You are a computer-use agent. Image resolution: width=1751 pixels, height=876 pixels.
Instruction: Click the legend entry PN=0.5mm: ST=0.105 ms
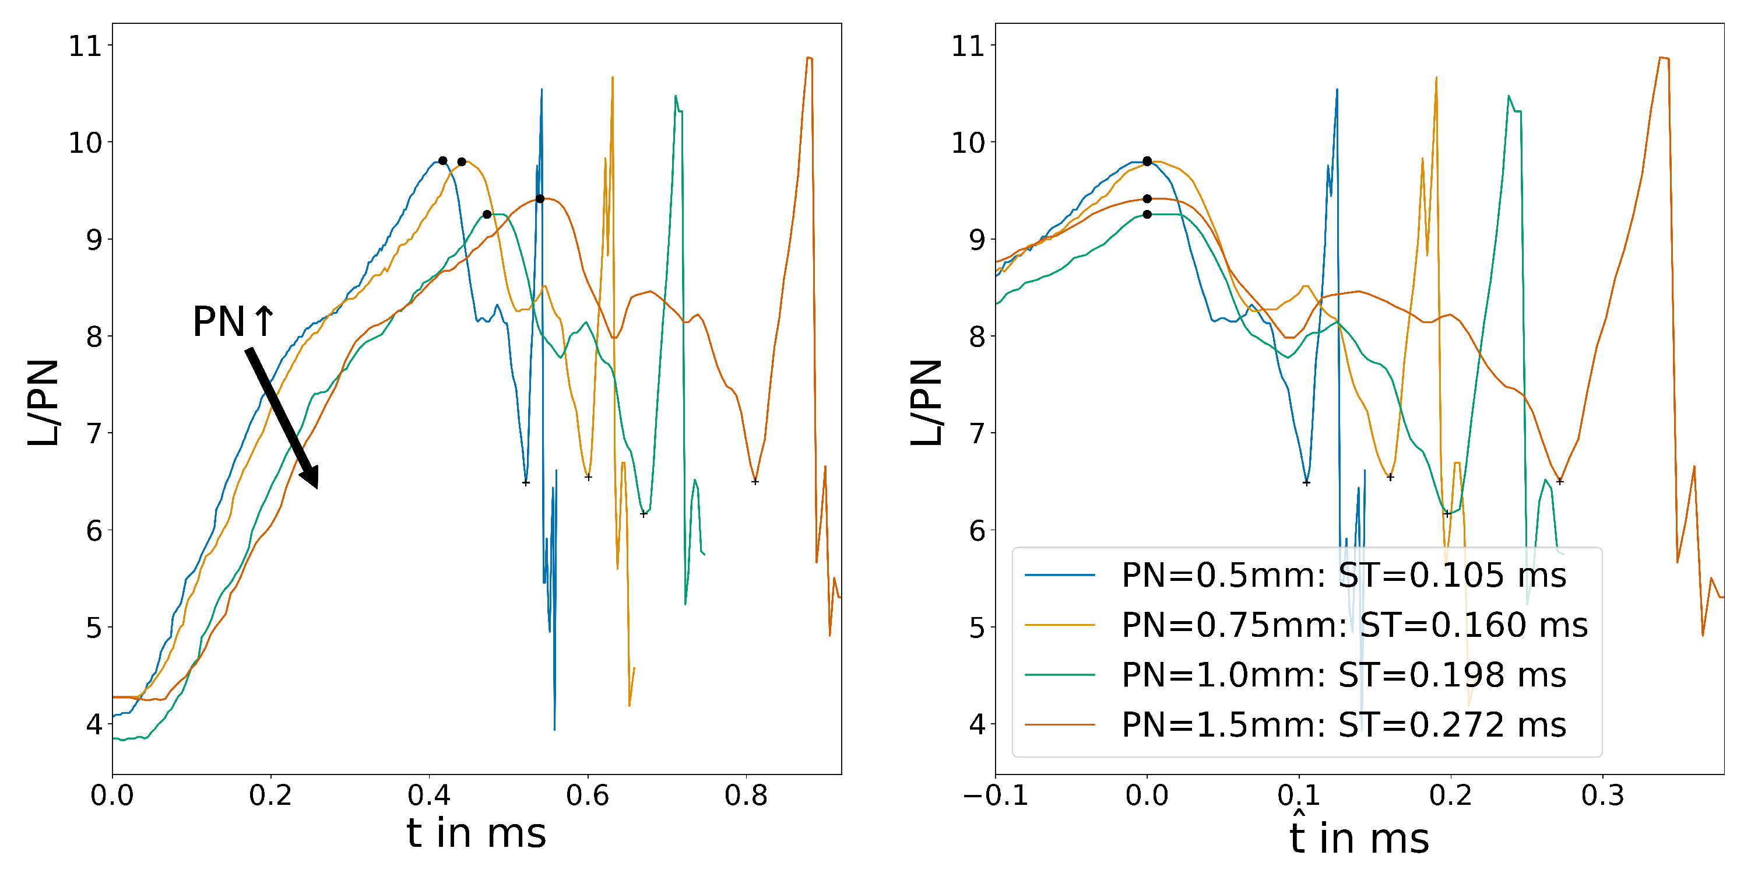tap(1342, 576)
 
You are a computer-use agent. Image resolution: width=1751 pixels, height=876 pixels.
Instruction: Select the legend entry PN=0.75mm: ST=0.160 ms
tap(1353, 625)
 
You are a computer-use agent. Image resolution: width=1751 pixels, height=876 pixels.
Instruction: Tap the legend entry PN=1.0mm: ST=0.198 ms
tap(1342, 675)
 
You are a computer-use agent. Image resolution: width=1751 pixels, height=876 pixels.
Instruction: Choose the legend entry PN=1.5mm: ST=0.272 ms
tap(1342, 725)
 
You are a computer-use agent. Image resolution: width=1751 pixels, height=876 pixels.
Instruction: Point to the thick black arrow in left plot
tap(282, 418)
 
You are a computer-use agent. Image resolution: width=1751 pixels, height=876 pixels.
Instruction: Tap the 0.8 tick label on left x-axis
tap(746, 795)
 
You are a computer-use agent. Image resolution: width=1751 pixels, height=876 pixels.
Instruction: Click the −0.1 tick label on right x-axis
tap(995, 795)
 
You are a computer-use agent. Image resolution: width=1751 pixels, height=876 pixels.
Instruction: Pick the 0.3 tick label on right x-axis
tap(1602, 795)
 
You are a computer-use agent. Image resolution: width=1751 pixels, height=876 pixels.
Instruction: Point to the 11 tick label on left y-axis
tap(85, 46)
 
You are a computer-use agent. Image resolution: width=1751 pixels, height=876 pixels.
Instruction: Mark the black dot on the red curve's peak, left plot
tap(540, 199)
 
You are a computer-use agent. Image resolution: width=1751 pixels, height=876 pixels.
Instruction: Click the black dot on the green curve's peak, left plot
tap(487, 214)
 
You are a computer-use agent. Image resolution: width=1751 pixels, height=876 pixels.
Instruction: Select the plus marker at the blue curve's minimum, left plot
tap(525, 483)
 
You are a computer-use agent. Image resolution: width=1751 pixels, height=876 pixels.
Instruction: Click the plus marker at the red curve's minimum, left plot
tap(754, 482)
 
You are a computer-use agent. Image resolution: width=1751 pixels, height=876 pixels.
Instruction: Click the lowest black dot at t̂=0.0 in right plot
tap(1147, 214)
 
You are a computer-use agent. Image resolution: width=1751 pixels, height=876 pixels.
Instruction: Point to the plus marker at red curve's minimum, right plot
tap(1560, 482)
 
